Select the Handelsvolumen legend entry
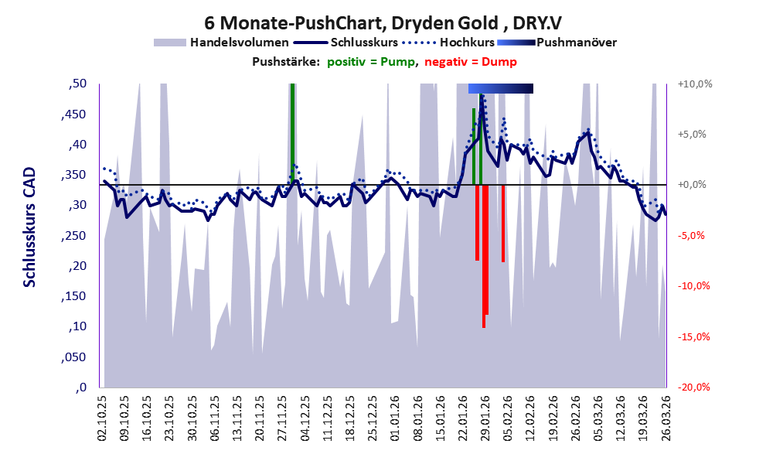point(240,43)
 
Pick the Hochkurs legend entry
point(466,43)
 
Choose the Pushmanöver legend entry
point(576,43)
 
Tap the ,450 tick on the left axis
point(76,114)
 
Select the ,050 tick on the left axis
point(76,357)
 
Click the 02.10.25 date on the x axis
point(104,418)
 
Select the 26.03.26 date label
point(665,418)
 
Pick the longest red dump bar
point(484,255)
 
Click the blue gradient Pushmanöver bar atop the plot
point(500,88)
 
